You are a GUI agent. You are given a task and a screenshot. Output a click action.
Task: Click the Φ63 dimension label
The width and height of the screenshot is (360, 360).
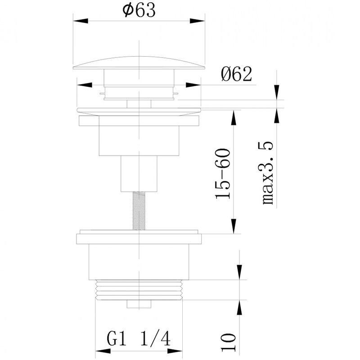coord(139,10)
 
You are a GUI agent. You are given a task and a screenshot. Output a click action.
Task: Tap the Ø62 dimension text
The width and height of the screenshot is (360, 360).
coord(237,74)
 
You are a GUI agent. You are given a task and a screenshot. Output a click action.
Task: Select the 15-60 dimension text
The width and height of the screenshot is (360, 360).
coord(222,174)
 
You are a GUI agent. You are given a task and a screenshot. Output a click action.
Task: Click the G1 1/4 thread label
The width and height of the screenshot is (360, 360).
coord(139,339)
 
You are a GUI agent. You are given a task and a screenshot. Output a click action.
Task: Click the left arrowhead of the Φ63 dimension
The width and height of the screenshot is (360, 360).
coord(81,21)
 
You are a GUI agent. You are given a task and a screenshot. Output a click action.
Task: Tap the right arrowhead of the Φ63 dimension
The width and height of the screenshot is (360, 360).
coord(197,21)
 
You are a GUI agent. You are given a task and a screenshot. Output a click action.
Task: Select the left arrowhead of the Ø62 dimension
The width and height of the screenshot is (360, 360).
coord(85,85)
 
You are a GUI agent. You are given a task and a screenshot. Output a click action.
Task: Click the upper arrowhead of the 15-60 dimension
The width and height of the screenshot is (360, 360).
coord(234,118)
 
